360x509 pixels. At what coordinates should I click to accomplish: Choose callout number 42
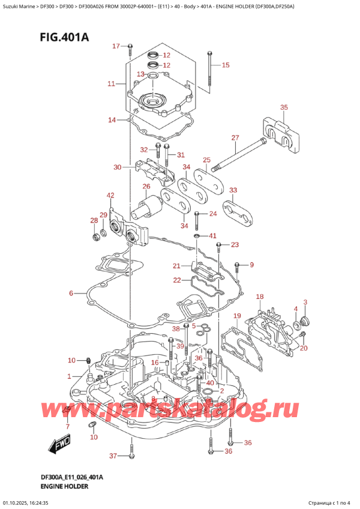110,195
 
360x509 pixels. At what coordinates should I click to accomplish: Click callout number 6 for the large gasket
71,294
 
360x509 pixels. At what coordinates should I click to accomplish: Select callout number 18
260,297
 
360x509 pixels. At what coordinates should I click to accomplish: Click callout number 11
111,84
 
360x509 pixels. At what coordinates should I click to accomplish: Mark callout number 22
177,280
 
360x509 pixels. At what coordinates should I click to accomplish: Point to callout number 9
252,265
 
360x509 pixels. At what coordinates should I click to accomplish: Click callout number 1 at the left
70,376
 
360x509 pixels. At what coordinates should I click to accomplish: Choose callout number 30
117,167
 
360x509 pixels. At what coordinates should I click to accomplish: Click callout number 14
112,121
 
